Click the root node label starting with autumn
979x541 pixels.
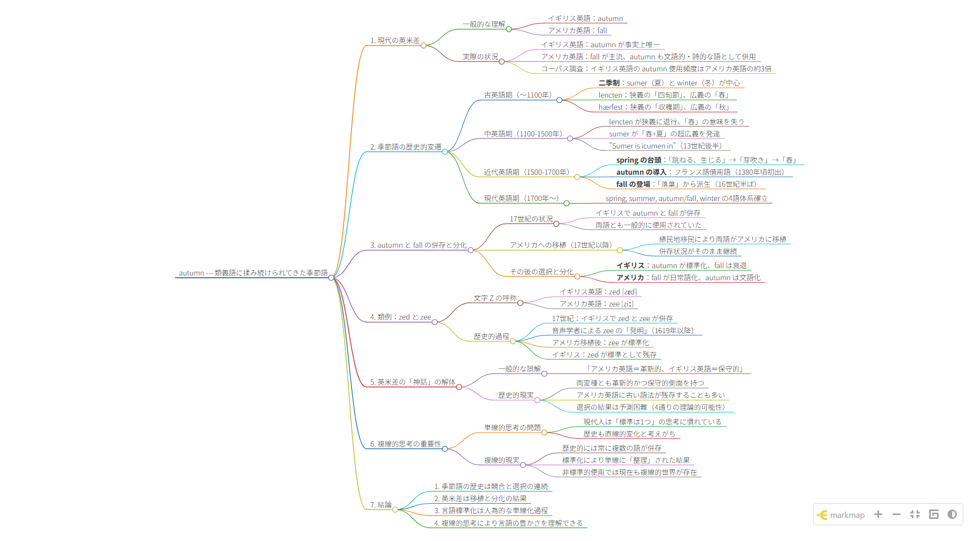pos(253,273)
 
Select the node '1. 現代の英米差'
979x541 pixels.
pos(395,40)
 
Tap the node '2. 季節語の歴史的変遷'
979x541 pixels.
pos(406,147)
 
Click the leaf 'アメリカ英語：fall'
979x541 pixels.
pos(577,30)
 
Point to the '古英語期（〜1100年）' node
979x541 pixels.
pos(517,95)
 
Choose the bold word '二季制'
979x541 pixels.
pos(609,83)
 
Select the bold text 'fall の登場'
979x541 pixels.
pos(633,184)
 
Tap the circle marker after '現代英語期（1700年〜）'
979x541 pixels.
pos(567,203)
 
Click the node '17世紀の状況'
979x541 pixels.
pos(531,219)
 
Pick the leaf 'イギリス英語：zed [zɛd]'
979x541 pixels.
pos(598,292)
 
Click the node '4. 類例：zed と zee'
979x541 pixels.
pos(400,317)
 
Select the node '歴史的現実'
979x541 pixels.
pos(516,395)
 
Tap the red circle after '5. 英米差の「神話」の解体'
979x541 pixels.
pos(459,387)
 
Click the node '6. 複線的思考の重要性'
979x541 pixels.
pos(406,444)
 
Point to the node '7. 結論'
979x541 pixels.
pos(381,505)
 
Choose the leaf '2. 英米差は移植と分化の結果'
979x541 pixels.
pos(480,498)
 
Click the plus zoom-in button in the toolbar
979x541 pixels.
pos(878,514)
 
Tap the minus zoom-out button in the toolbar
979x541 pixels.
pos(897,514)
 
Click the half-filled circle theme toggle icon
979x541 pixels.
pos(952,514)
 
